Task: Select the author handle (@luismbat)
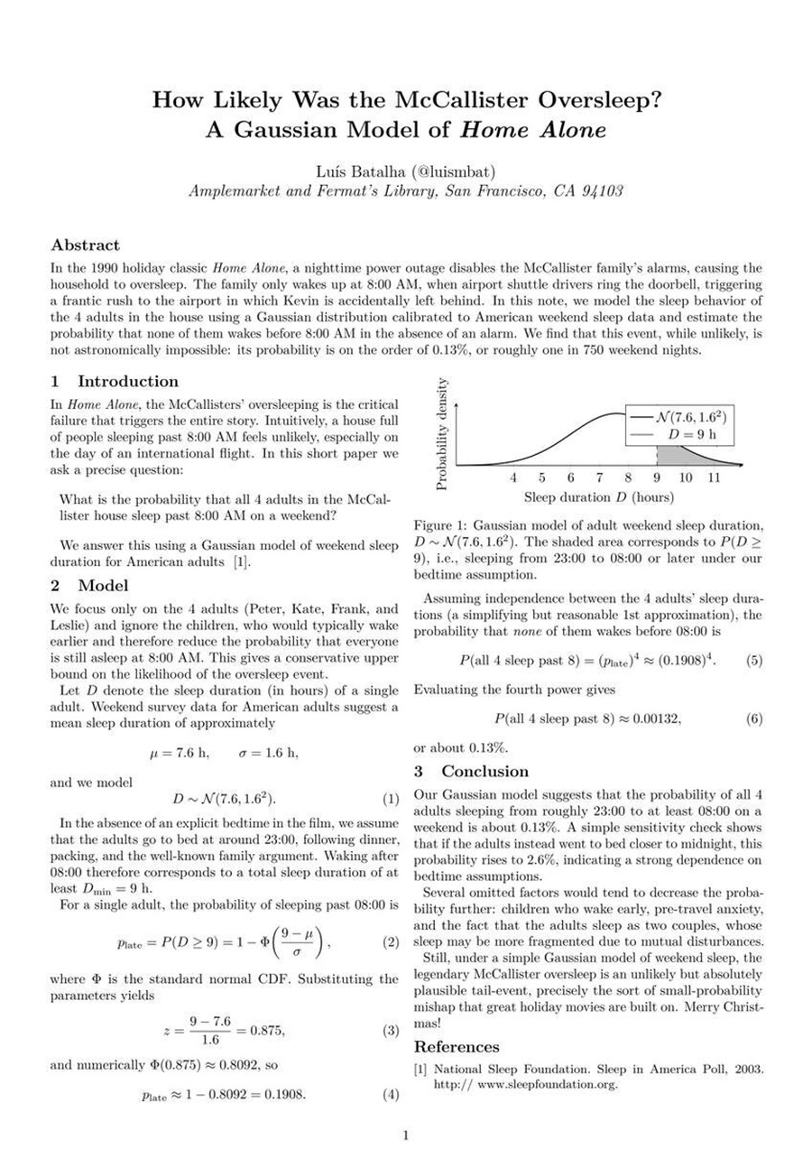point(440,171)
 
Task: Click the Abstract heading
point(85,245)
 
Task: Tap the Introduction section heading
point(127,381)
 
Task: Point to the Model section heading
point(105,586)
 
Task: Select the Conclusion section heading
point(484,771)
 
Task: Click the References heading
point(457,1047)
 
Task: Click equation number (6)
point(754,719)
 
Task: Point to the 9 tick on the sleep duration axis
point(657,477)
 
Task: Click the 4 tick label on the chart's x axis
point(513,477)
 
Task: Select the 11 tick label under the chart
point(714,477)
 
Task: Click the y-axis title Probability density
point(441,434)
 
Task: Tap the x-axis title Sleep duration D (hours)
point(598,496)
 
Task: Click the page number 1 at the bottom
point(406,1135)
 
